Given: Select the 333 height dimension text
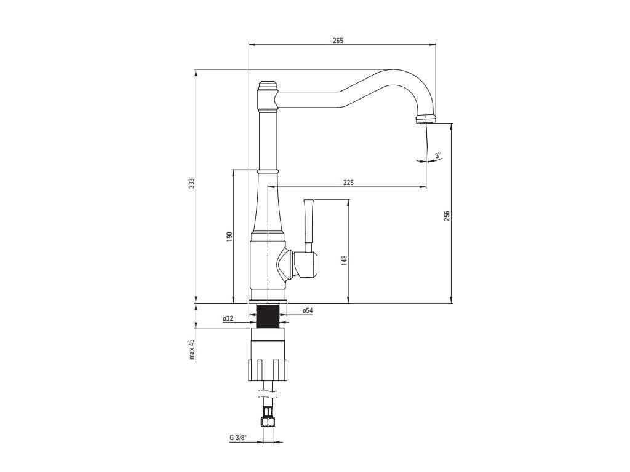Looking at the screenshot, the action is click(x=192, y=184).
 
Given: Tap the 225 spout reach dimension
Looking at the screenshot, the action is click(x=348, y=183).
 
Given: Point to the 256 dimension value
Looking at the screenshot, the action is click(x=447, y=216).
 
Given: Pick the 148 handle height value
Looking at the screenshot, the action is click(x=345, y=260).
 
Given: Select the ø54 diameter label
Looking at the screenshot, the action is click(x=308, y=311).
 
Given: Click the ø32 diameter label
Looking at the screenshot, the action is click(x=228, y=318).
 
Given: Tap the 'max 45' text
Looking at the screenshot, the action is click(x=191, y=348).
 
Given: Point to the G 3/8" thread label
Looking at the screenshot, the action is click(x=237, y=438).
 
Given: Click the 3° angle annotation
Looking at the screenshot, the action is click(x=437, y=156).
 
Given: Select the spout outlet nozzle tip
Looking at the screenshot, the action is click(x=426, y=119).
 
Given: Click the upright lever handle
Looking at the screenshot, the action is click(x=309, y=221).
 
